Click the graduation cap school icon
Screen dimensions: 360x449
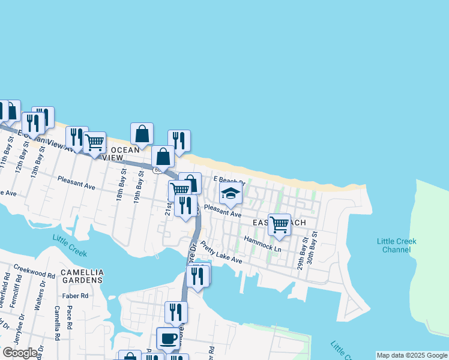point(230,193)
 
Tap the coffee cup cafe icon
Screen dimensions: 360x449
point(168,338)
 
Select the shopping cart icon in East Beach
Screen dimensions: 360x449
point(279,224)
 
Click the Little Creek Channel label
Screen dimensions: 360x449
point(396,245)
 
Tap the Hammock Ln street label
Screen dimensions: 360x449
point(262,244)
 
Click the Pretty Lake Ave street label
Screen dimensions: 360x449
point(221,252)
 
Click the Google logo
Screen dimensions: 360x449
point(20,353)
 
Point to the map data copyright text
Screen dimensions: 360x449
point(412,355)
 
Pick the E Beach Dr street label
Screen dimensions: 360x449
point(229,180)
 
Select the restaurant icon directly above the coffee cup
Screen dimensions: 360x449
point(176,311)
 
